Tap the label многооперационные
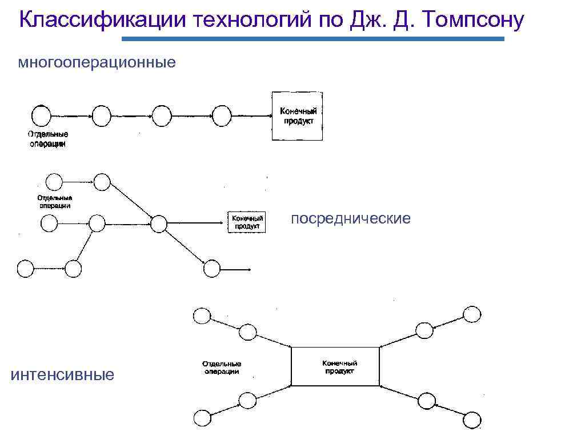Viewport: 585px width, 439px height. click(97, 62)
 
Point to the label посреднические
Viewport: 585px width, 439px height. click(351, 218)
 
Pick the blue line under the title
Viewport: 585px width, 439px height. click(314, 39)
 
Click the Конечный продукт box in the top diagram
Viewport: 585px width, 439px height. click(297, 116)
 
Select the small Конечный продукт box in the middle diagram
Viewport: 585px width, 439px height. click(247, 222)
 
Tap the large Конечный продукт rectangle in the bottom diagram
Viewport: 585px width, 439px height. click(335, 366)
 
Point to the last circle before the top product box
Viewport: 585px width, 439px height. click(221, 116)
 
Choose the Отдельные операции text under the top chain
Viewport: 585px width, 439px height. click(49, 139)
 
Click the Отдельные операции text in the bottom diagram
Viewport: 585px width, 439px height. click(222, 368)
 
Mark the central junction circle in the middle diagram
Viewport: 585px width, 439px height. click(158, 222)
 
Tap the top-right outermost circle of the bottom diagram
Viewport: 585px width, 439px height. click(472, 314)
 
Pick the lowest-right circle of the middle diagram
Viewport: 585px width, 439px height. click(211, 268)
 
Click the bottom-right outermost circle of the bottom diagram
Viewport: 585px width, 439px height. click(472, 420)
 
